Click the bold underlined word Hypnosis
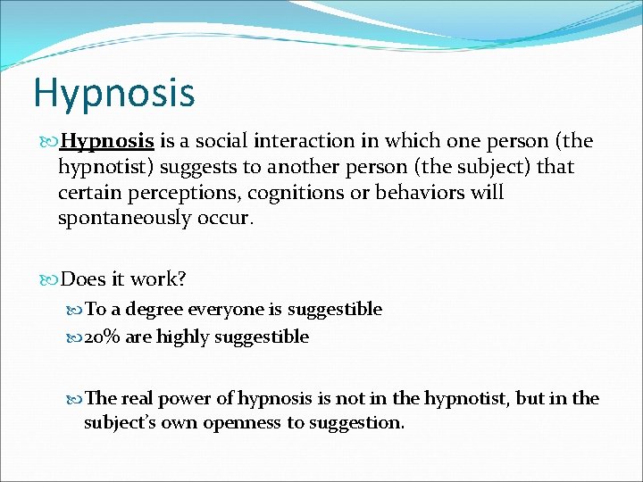point(110,142)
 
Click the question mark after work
point(181,279)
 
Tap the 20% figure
point(103,337)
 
